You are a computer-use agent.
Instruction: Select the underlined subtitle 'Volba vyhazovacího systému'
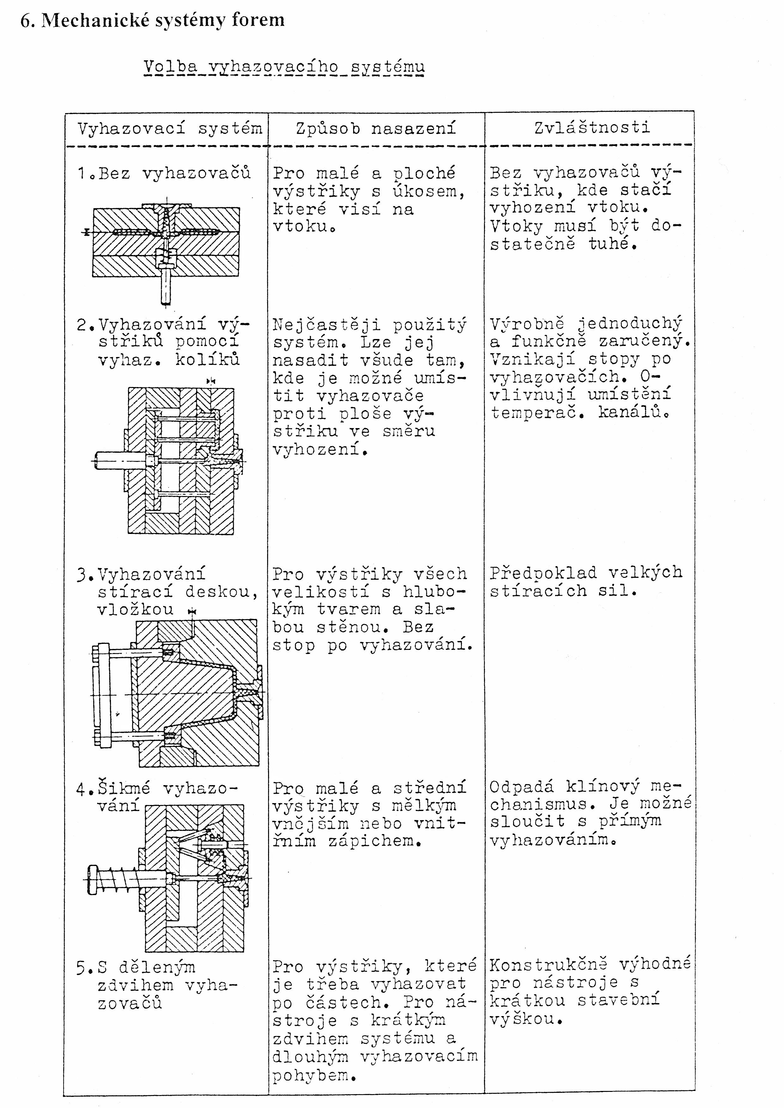284,67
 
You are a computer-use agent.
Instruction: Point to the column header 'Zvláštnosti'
592,127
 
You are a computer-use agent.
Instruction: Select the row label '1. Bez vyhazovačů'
164,173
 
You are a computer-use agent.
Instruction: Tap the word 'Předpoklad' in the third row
543,573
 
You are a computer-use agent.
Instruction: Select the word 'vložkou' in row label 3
135,609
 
